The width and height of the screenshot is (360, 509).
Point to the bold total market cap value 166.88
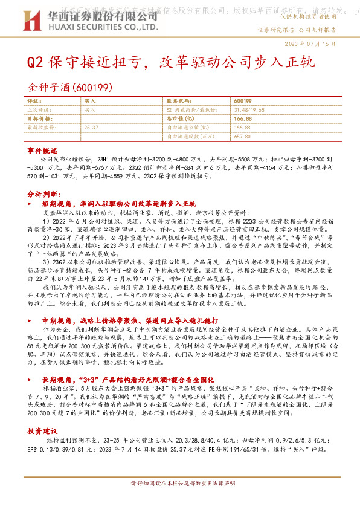click(x=242, y=119)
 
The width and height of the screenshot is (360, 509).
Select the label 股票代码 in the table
click(x=178, y=102)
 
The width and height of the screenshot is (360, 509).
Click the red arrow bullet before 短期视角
click(x=35, y=204)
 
